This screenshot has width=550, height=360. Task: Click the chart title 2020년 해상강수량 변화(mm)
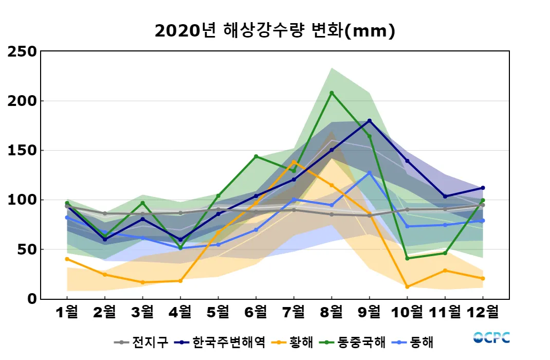click(x=274, y=31)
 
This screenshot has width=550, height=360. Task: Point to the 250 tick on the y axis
click(x=22, y=51)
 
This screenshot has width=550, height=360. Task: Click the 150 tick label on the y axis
click(x=22, y=150)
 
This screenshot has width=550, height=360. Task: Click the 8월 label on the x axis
click(x=332, y=312)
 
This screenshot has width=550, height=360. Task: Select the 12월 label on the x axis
click(x=483, y=312)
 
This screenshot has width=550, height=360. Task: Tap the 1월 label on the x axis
click(x=67, y=312)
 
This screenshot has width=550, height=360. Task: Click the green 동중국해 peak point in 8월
click(x=332, y=93)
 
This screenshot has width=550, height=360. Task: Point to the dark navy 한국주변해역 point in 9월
click(x=370, y=121)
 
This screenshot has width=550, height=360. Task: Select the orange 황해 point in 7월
click(x=294, y=162)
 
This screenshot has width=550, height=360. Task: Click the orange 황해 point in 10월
click(x=407, y=286)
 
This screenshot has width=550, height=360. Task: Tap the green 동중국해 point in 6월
click(x=256, y=156)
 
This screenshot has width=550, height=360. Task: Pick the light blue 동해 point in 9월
click(x=370, y=173)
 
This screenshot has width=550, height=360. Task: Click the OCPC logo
click(x=491, y=338)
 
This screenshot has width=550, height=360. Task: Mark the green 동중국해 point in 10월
click(x=407, y=258)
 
